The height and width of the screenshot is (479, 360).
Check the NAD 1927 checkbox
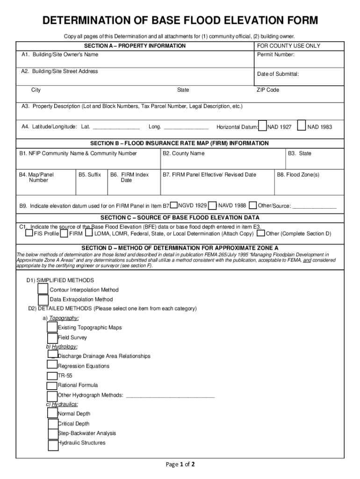click(262, 126)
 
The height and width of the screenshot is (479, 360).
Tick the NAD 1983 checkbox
click(302, 126)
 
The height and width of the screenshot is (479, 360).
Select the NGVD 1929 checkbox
click(174, 205)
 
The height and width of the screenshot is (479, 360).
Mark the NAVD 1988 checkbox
click(213, 205)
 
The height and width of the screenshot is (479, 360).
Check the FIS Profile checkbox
click(29, 233)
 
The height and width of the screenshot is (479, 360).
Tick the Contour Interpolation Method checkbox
click(43, 289)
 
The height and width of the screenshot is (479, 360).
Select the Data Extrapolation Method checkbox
click(43, 299)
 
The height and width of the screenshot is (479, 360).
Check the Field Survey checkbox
click(52, 338)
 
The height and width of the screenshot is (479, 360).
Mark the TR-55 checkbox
click(52, 376)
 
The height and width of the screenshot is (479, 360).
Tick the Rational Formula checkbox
click(52, 385)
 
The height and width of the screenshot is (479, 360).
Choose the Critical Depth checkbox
click(53, 424)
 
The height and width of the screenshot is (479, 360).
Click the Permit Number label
click(276, 55)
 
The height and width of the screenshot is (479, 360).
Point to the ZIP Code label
click(268, 90)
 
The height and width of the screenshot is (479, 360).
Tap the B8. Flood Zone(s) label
click(298, 174)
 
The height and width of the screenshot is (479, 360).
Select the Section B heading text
click(180, 143)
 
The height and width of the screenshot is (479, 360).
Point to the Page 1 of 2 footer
click(180, 464)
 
